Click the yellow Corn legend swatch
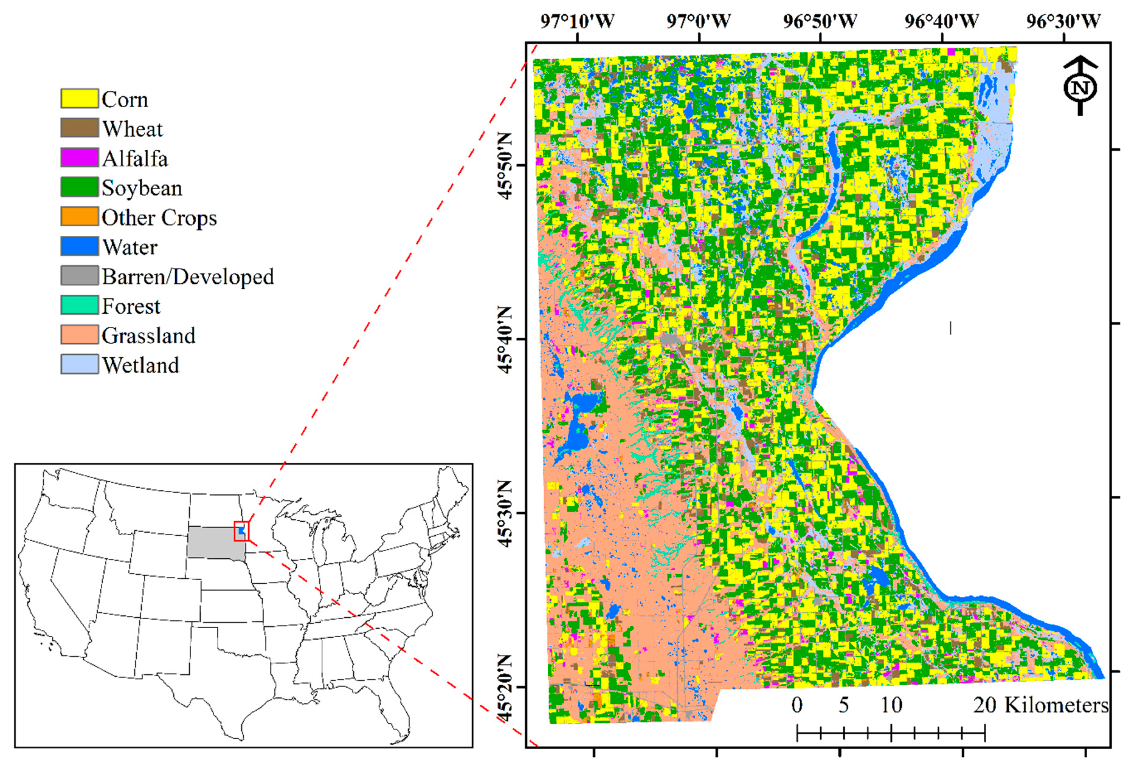(x=79, y=98)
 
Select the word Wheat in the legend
(x=132, y=129)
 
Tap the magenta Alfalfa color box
(x=79, y=157)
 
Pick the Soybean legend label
(x=142, y=188)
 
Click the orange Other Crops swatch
(x=79, y=216)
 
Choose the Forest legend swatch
(x=79, y=305)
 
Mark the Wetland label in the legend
(x=140, y=365)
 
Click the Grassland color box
(x=79, y=335)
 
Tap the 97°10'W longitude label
(x=577, y=22)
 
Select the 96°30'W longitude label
(x=1063, y=22)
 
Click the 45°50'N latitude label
(x=506, y=166)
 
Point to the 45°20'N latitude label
(x=506, y=688)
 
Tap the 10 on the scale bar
(x=891, y=705)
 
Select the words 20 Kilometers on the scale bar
(x=1041, y=705)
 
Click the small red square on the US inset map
(x=241, y=531)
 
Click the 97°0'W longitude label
(x=699, y=22)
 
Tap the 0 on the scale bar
(x=797, y=705)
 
